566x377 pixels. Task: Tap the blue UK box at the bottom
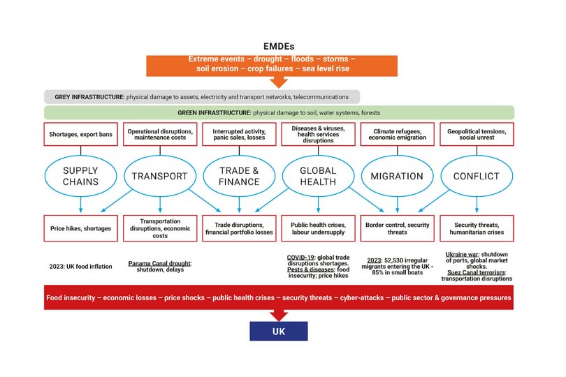click(x=278, y=330)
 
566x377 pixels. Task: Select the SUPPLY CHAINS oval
click(x=80, y=176)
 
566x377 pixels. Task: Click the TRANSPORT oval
click(x=160, y=176)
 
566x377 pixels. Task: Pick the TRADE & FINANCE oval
click(x=240, y=176)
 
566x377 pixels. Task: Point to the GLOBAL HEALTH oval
click(x=319, y=176)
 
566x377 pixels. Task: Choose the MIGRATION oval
click(x=398, y=176)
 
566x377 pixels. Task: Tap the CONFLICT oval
click(x=477, y=176)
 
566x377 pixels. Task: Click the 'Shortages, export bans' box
click(x=81, y=134)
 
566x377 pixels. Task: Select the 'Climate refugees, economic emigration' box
click(x=398, y=134)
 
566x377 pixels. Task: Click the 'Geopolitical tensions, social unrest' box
click(x=477, y=134)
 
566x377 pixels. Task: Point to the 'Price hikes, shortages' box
click(x=81, y=228)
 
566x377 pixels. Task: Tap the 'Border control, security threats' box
click(x=398, y=228)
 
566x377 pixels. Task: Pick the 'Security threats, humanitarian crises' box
click(x=477, y=228)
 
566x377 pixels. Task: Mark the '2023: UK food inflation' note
click(x=81, y=266)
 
